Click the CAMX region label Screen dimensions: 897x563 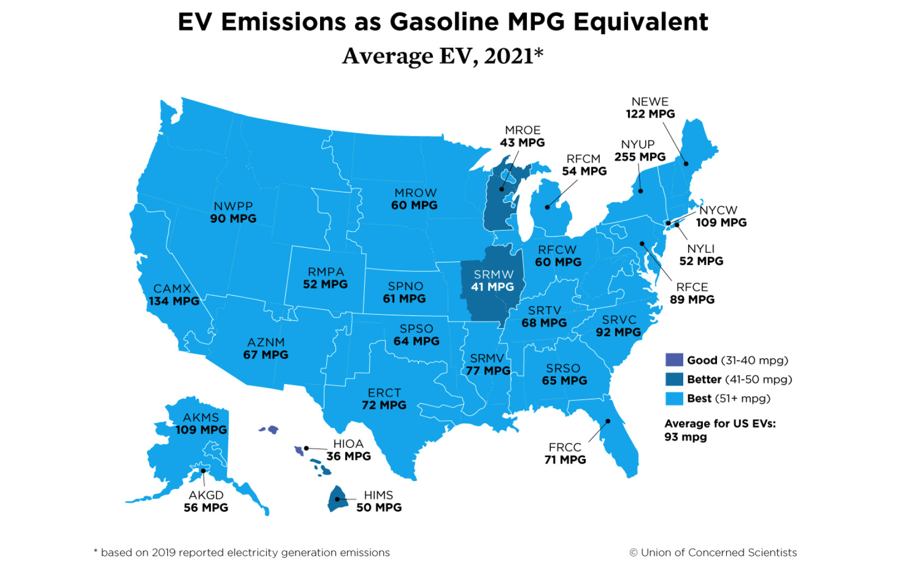[x=172, y=289]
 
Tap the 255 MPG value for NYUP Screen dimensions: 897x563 [x=640, y=157]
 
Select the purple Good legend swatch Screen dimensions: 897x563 [x=674, y=360]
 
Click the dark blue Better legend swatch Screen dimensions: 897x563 [x=674, y=379]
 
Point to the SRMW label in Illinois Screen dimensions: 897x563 [x=493, y=274]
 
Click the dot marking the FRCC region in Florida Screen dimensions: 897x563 [x=608, y=421]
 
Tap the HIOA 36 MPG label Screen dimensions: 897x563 [x=348, y=450]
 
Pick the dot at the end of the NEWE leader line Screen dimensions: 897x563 [x=686, y=164]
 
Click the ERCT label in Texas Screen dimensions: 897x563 [x=384, y=393]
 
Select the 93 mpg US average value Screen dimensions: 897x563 [x=685, y=437]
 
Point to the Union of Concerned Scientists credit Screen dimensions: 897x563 [x=713, y=553]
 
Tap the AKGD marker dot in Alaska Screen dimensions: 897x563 [x=203, y=471]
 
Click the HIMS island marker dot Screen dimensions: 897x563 [x=337, y=499]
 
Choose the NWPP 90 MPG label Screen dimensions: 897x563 [x=233, y=212]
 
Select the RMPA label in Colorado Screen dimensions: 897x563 [x=326, y=272]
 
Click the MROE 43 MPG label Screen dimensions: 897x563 [x=522, y=136]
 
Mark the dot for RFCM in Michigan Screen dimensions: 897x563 [x=547, y=207]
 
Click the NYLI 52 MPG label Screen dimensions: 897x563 [x=701, y=255]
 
